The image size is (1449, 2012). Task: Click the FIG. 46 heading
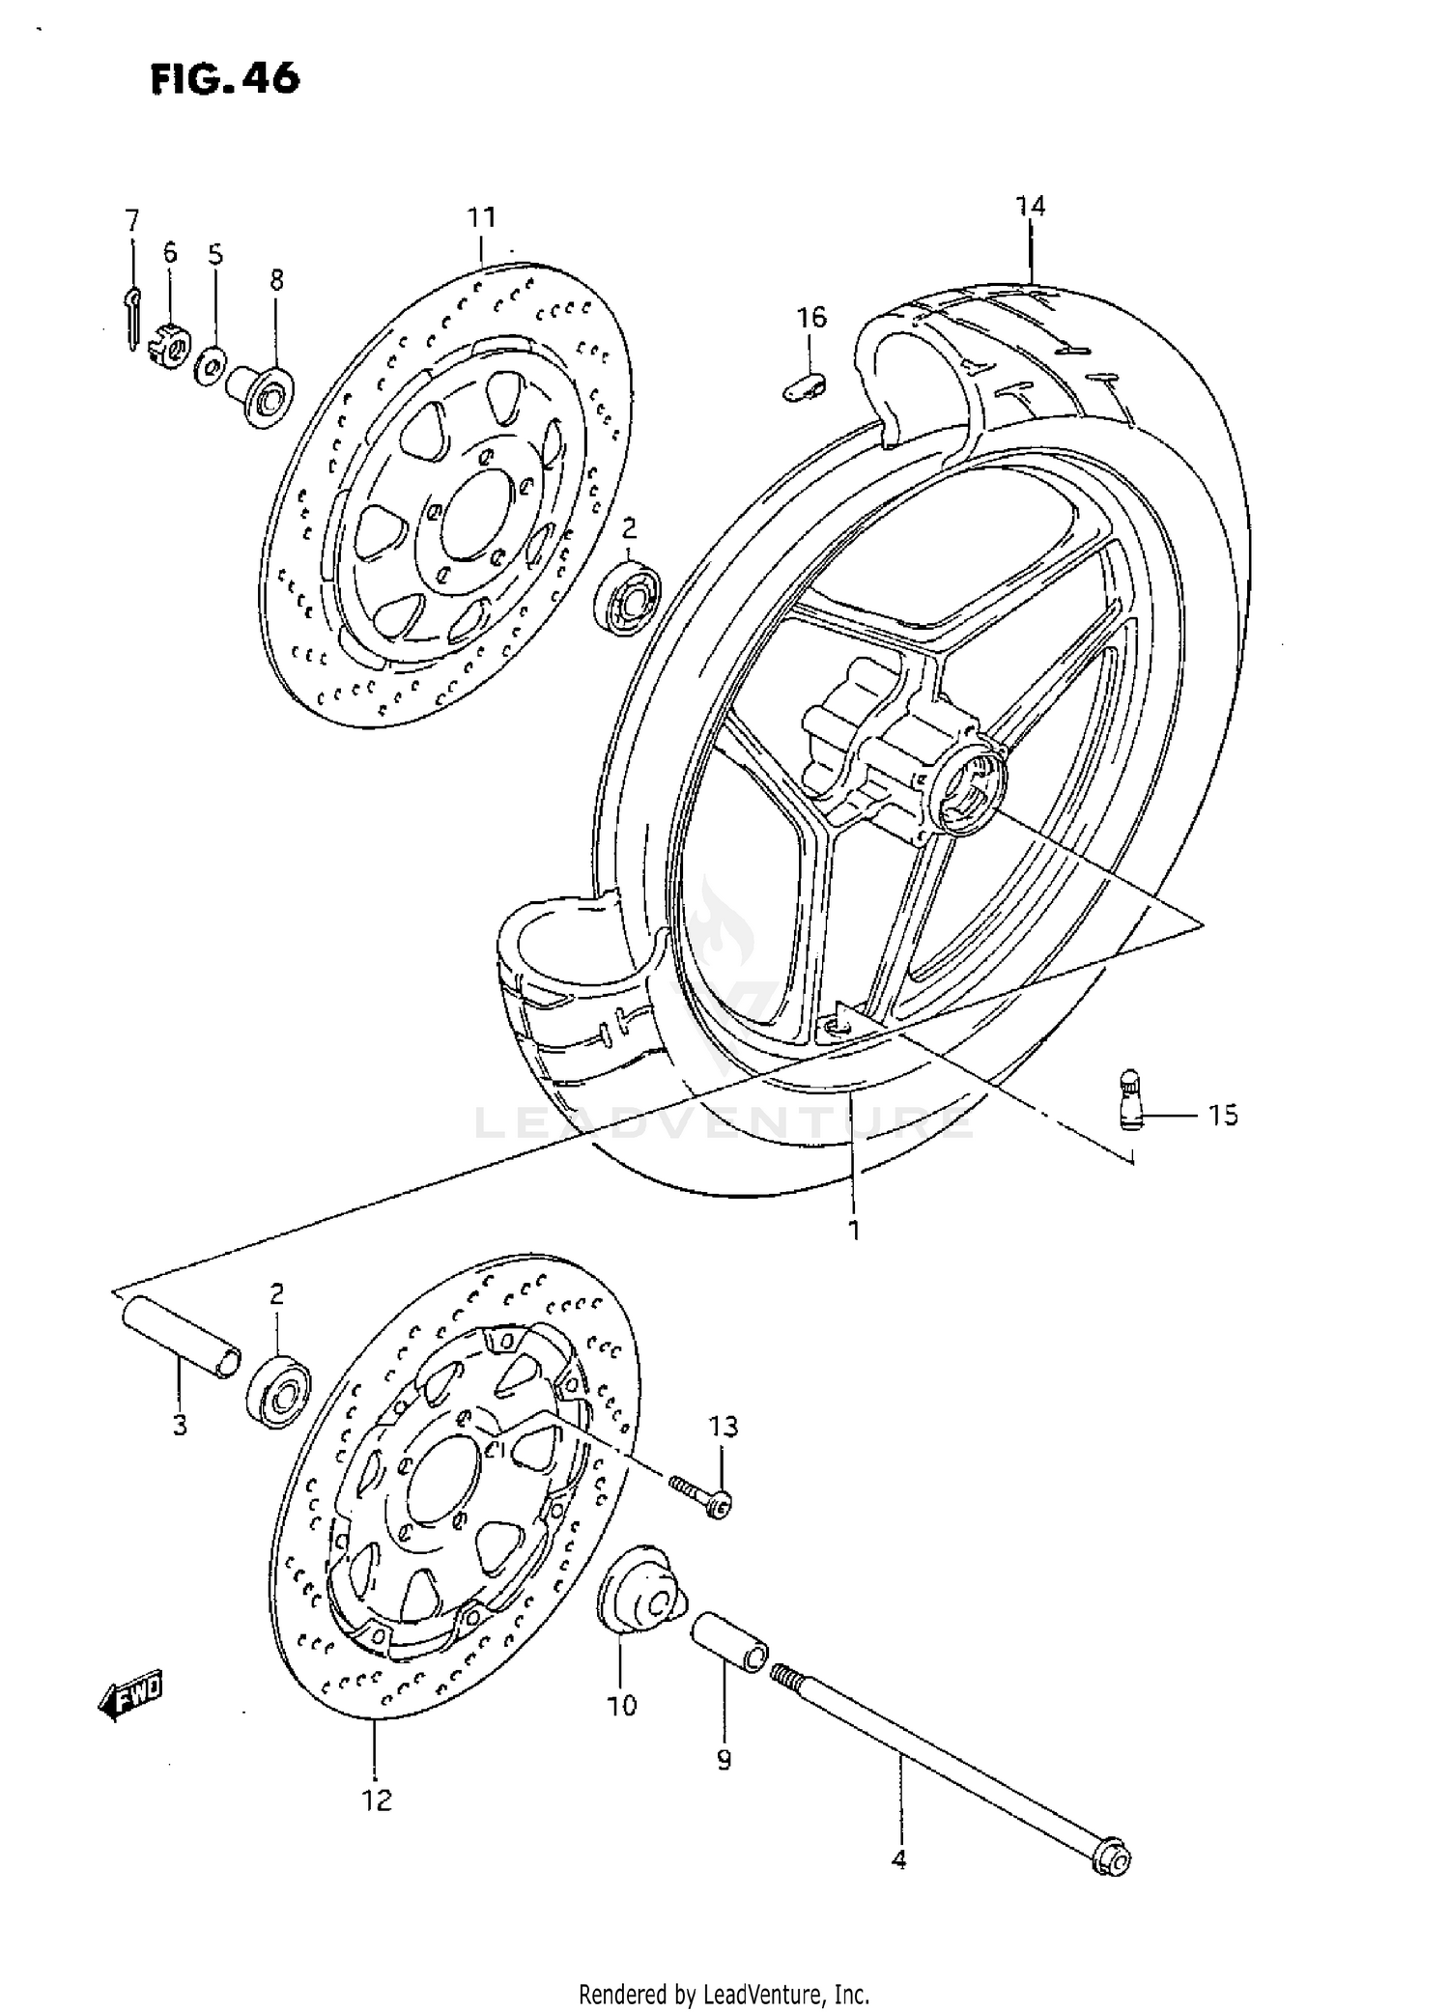pyautogui.click(x=225, y=78)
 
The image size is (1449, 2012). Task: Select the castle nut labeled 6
pyautogui.click(x=168, y=345)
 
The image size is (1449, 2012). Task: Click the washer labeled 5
pyautogui.click(x=210, y=368)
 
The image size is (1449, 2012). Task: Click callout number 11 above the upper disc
pyautogui.click(x=482, y=218)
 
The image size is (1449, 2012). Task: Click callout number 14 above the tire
pyautogui.click(x=1030, y=207)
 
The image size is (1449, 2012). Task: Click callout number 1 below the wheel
pyautogui.click(x=854, y=1230)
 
